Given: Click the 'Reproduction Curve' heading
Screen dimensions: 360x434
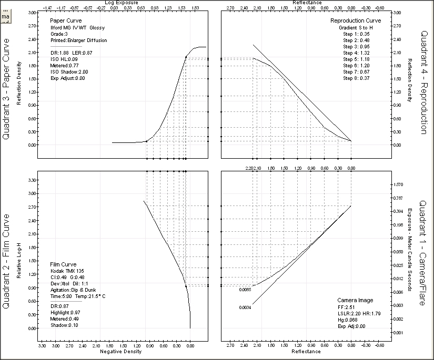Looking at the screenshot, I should coord(359,20).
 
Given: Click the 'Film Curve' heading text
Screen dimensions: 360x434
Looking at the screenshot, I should coord(63,264).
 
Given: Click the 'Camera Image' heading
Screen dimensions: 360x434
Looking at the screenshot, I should coord(355,300).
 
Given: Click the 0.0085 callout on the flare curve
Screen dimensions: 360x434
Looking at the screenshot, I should coord(244,289).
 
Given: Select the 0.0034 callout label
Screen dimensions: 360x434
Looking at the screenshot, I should coord(244,307).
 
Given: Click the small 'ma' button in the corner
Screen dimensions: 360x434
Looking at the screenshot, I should coord(6,17).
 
